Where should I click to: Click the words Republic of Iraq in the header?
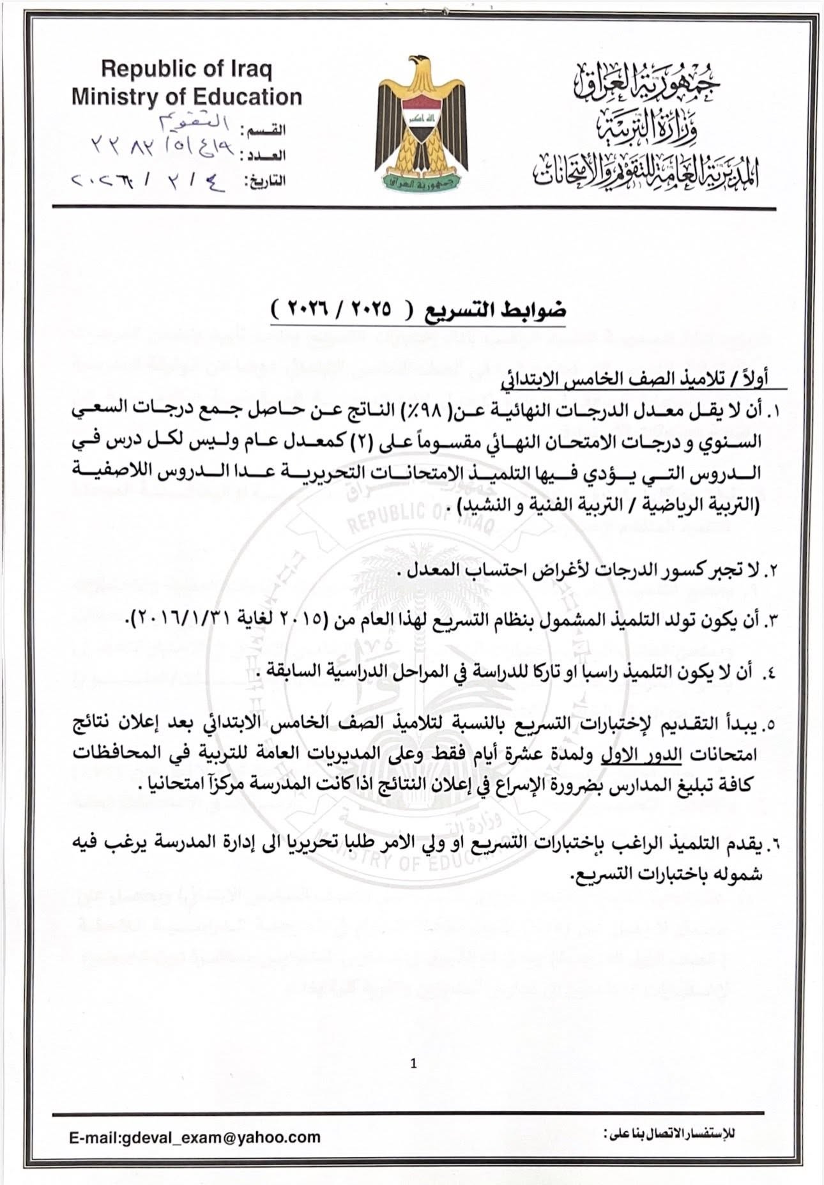pyautogui.click(x=187, y=69)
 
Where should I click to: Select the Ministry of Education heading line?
pyautogui.click(x=187, y=97)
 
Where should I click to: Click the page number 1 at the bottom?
pyautogui.click(x=414, y=1064)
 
